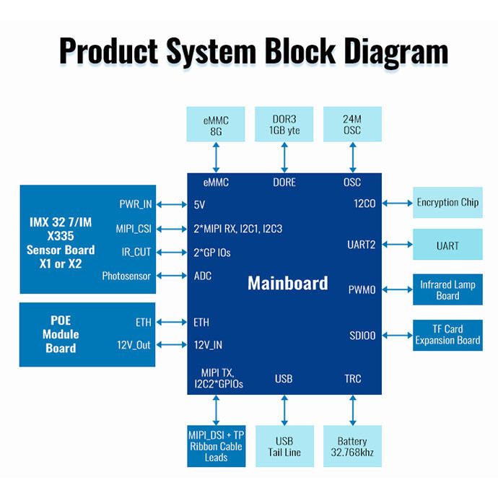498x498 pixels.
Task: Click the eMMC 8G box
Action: [216, 123]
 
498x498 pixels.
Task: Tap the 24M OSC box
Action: [352, 123]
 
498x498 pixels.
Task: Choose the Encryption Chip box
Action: [447, 203]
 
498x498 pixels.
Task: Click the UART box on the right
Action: [447, 245]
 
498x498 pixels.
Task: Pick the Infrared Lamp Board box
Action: [447, 290]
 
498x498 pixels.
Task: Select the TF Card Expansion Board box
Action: [447, 335]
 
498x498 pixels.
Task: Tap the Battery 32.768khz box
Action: [352, 447]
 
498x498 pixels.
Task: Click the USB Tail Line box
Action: [284, 447]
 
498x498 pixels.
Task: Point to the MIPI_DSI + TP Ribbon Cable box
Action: [216, 447]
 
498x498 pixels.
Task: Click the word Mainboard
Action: [287, 282]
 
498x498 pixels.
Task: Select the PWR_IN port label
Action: [136, 204]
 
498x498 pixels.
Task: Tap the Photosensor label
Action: [126, 275]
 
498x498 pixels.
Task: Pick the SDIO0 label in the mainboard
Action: [362, 336]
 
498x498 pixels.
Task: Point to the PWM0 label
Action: [362, 290]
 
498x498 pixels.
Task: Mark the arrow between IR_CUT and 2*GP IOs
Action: [172, 252]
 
